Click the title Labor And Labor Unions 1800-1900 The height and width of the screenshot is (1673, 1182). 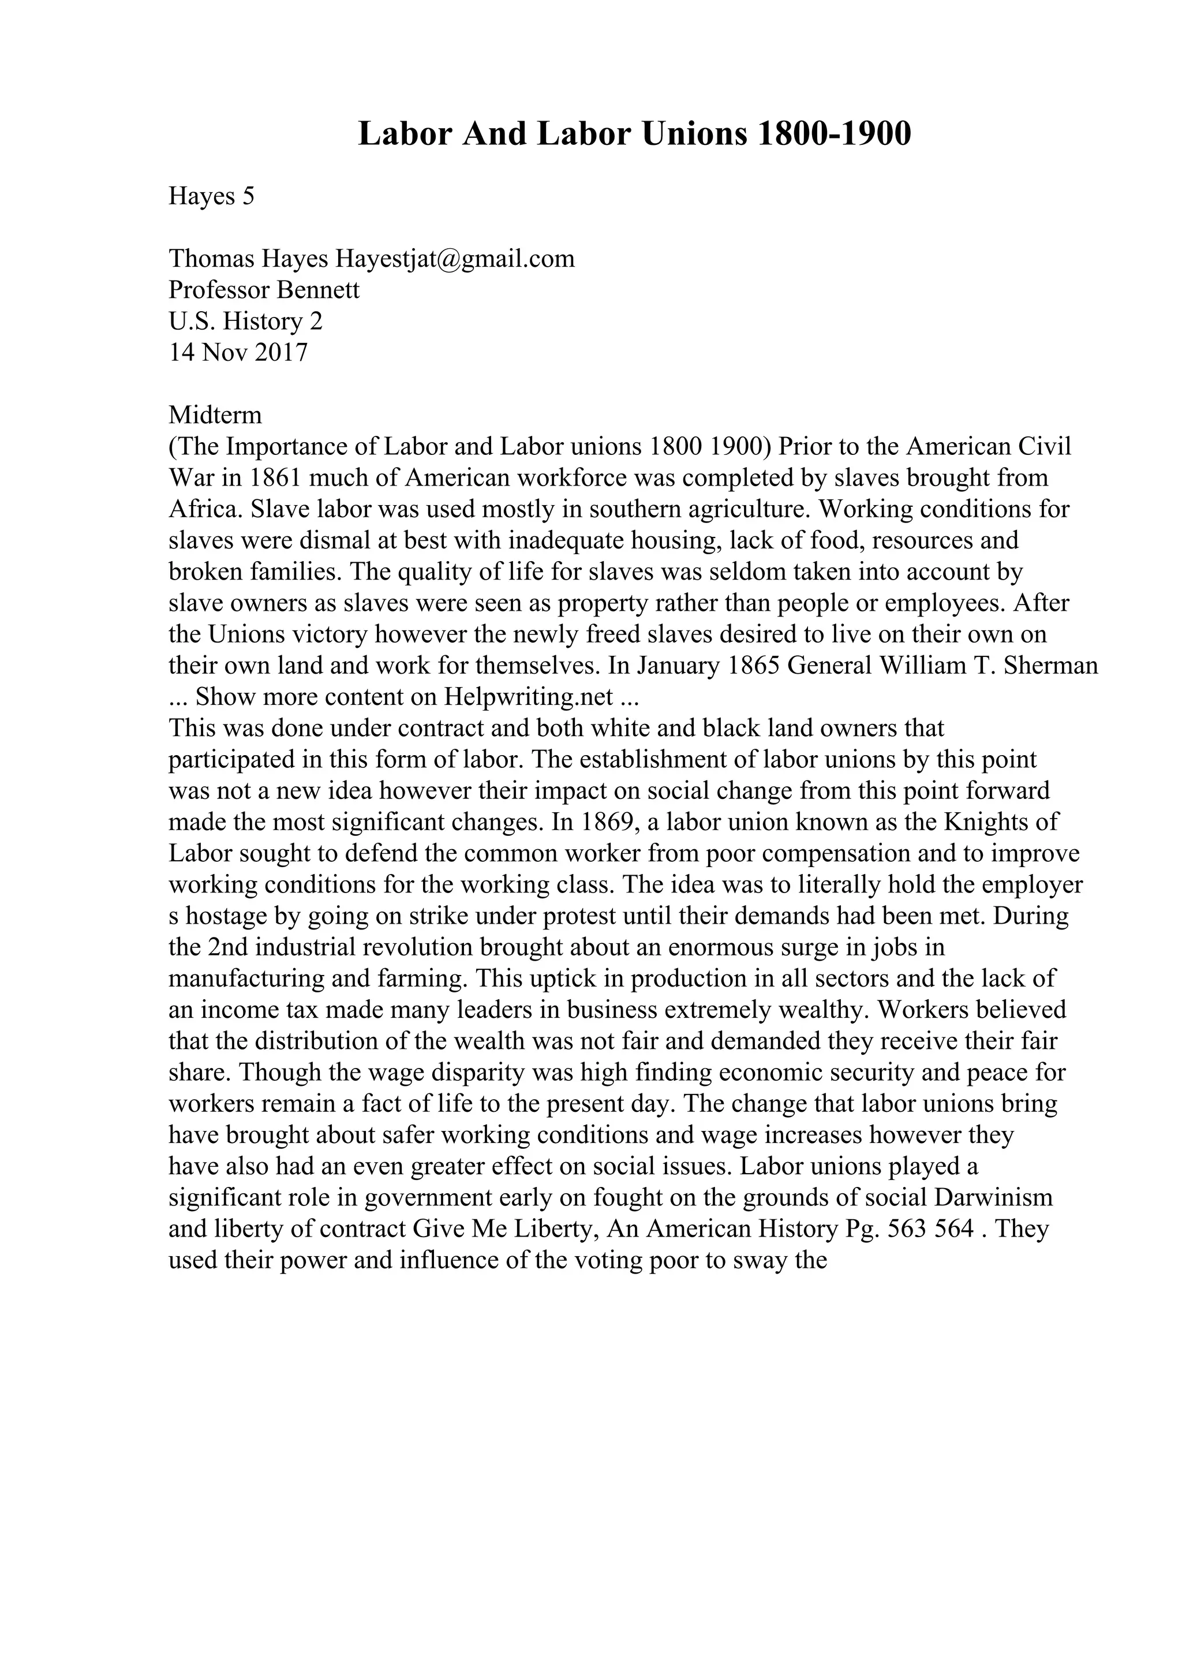[634, 135]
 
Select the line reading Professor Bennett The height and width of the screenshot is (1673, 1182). [264, 290]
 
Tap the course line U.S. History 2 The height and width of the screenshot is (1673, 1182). [245, 322]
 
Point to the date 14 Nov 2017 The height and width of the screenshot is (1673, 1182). [238, 353]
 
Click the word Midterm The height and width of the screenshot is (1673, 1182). [215, 415]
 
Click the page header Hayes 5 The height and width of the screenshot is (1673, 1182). [211, 196]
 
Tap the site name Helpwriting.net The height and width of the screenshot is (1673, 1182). [529, 697]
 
